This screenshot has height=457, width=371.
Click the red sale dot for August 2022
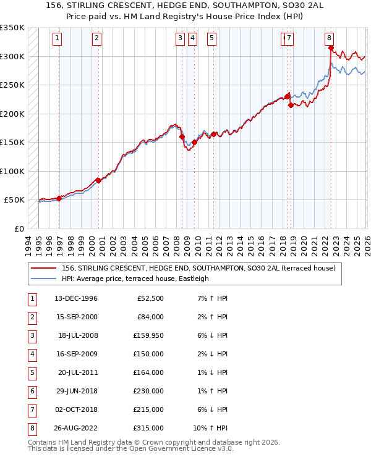pos(331,48)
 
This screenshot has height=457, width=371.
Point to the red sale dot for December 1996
pos(59,198)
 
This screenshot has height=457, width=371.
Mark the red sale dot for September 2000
pos(98,180)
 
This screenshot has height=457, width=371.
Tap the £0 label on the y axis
pos(19,228)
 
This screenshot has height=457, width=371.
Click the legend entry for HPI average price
pos(135,279)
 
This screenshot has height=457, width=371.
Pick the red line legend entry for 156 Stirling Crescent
pos(198,268)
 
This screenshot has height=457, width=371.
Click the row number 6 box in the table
pos(31,391)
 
